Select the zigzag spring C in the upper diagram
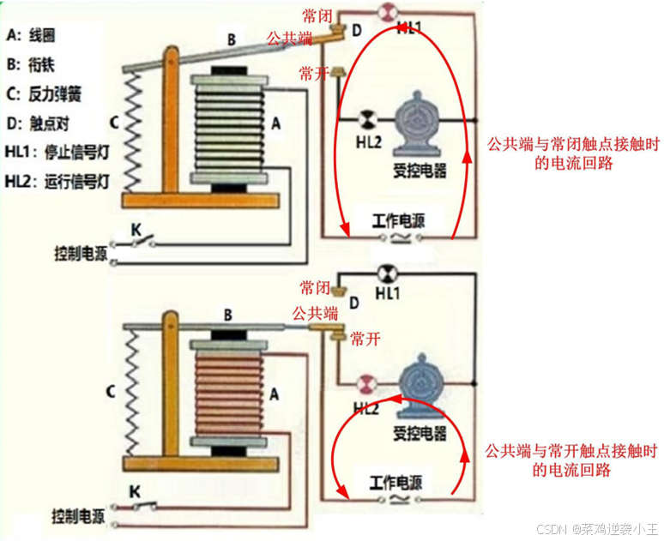pos(134,129)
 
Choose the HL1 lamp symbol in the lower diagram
pos(385,274)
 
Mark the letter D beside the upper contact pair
pos(357,32)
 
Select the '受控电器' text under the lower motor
pos(420,432)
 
